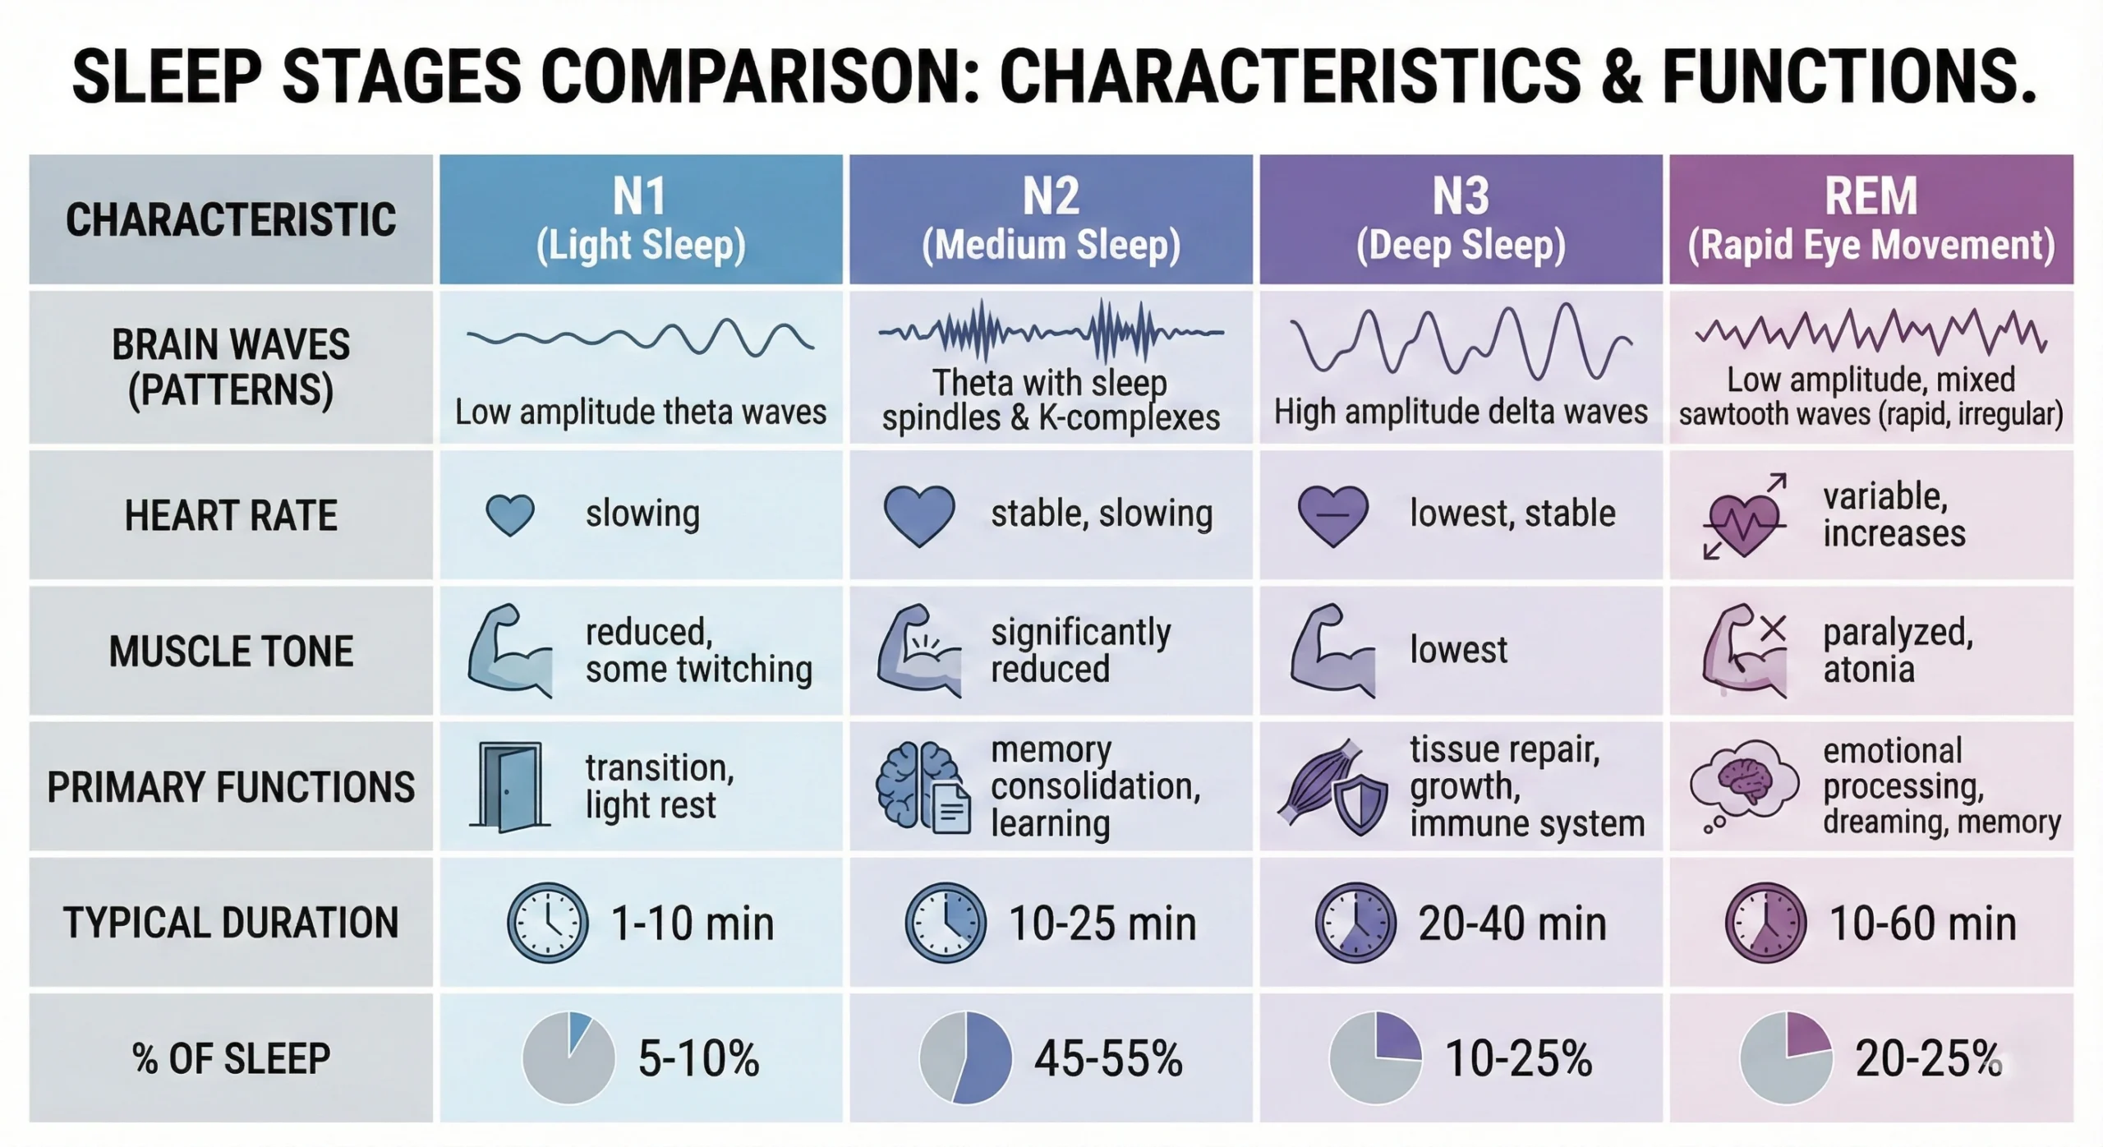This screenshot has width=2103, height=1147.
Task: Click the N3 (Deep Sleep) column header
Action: pos(1461,219)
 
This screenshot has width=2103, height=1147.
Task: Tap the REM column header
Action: pos(1871,219)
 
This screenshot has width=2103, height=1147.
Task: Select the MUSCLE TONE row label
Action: pos(231,651)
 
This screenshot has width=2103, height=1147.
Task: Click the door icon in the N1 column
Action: pos(509,786)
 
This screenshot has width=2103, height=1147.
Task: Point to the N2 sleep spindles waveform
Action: pos(1051,331)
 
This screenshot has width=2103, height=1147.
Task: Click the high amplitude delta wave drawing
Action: pos(1461,343)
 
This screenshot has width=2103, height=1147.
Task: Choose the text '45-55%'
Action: pos(1108,1058)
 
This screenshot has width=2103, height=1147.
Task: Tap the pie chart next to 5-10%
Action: pos(568,1057)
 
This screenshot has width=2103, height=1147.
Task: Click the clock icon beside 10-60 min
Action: pos(1765,923)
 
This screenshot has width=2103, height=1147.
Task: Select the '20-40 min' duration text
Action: pos(1512,924)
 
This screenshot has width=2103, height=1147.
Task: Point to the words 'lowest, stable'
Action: pos(1512,514)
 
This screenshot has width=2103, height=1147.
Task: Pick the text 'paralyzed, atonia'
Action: pos(1897,651)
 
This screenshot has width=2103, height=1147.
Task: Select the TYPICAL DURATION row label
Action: pos(231,923)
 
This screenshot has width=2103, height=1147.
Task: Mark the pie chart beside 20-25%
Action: pos(1786,1057)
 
